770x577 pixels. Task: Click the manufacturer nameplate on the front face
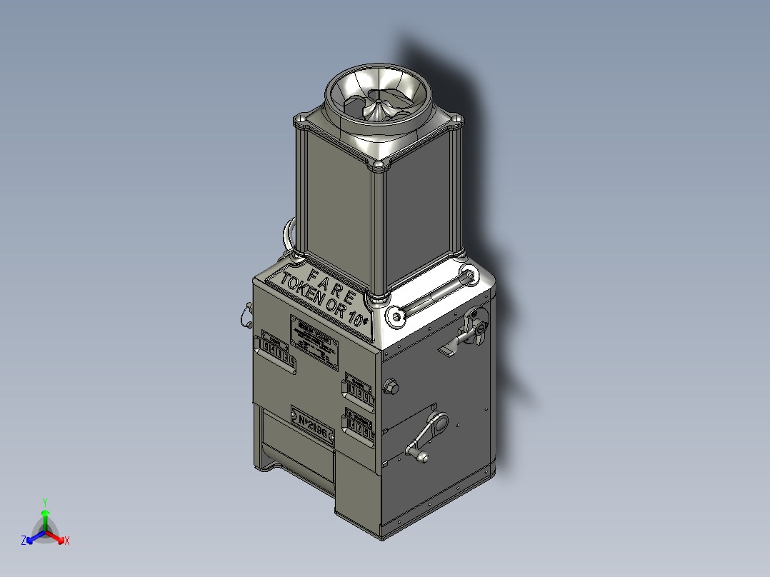(314, 342)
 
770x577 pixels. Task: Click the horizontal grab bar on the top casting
(433, 293)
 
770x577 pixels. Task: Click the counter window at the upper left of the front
(278, 351)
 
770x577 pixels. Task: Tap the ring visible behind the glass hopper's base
(289, 236)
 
